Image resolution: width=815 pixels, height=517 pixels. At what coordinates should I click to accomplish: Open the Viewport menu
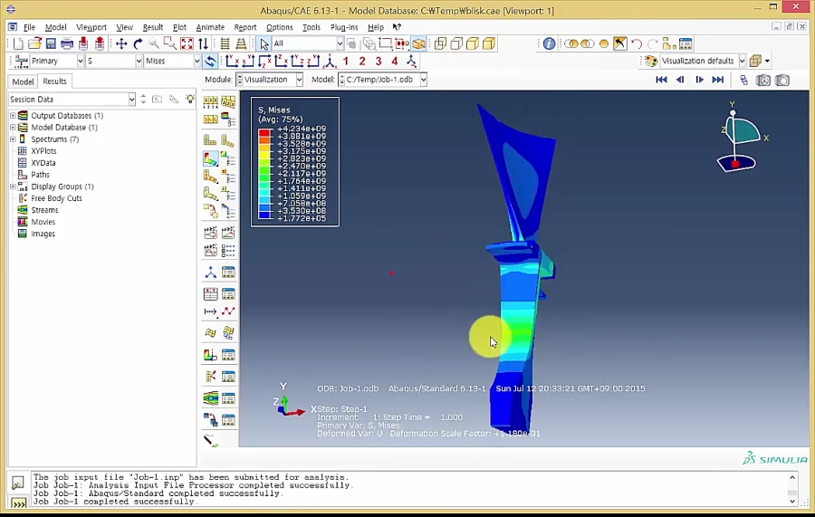point(91,27)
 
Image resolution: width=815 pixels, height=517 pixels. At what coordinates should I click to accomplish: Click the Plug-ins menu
point(344,27)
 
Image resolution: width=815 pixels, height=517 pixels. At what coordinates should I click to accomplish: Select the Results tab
point(54,81)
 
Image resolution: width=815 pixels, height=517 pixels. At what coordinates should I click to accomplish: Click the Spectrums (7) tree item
point(54,139)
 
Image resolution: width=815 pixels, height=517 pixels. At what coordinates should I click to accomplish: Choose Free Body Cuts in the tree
point(56,198)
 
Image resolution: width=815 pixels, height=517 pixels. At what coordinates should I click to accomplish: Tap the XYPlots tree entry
point(43,151)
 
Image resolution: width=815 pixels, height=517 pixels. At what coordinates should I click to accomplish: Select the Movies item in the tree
point(43,222)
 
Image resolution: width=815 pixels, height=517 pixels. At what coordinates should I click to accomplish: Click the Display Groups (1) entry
point(62,187)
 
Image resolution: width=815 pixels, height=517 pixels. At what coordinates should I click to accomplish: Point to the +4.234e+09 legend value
point(302,129)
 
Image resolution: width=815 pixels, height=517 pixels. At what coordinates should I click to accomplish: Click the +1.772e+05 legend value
point(302,218)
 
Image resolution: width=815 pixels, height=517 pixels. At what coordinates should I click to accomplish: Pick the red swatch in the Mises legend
point(264,133)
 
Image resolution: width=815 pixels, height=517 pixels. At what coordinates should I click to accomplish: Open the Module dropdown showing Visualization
point(269,80)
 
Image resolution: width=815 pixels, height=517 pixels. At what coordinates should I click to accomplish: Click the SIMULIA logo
point(774,459)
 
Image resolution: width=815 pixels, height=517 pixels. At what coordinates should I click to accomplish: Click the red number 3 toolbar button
point(379,62)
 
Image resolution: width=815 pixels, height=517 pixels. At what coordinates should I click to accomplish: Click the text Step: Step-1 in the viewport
point(342,409)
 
